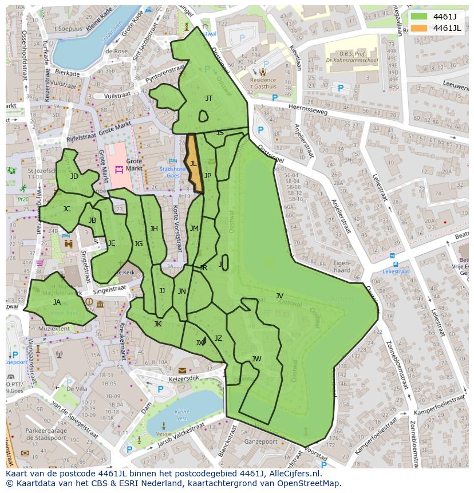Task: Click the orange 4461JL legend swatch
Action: point(419,28)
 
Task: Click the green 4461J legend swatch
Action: point(419,17)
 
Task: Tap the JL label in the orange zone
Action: point(193,164)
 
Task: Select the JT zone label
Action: point(209,98)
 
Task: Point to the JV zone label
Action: point(279,296)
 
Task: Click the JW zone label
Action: point(256,359)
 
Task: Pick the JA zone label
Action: point(57,302)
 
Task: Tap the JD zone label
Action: point(74,176)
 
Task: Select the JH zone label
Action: point(154,229)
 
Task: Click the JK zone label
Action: point(157,324)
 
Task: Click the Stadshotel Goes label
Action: point(172,172)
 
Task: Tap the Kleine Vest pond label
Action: point(181,415)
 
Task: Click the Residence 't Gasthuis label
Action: point(263,84)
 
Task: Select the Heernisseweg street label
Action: point(307,109)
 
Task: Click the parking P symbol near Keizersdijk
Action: point(160,389)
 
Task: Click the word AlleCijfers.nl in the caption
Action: point(294,474)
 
